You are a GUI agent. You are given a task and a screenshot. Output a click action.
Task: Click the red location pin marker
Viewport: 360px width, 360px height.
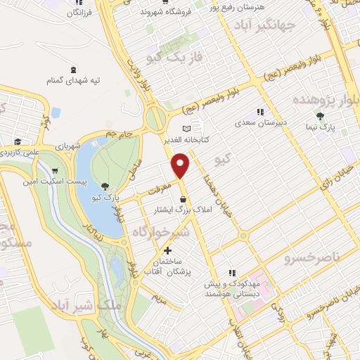pyautogui.click(x=181, y=165)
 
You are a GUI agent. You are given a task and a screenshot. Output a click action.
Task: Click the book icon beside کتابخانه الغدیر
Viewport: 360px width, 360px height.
pyautogui.click(x=186, y=129)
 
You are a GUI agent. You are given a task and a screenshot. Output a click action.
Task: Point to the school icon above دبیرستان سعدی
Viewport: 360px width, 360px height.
pyautogui.click(x=259, y=112)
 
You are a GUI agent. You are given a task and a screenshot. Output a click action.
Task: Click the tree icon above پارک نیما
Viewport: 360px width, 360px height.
pyautogui.click(x=321, y=117)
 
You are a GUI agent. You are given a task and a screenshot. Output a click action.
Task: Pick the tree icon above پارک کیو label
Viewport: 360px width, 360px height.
pyautogui.click(x=105, y=186)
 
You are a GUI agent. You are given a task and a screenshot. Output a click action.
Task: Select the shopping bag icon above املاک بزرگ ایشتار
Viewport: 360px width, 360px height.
pyautogui.click(x=184, y=197)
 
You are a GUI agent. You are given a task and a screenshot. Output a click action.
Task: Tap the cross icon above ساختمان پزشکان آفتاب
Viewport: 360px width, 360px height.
pyautogui.click(x=167, y=251)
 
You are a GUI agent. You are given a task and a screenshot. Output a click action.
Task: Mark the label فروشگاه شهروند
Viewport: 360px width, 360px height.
pyautogui.click(x=166, y=12)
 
